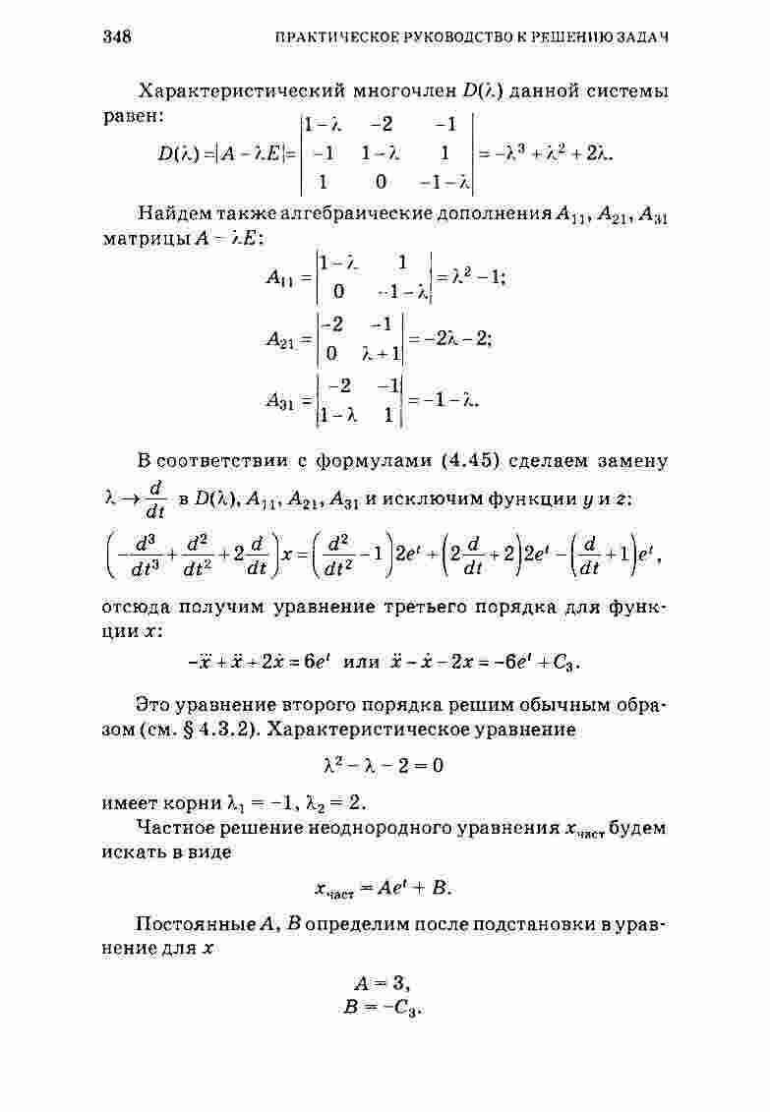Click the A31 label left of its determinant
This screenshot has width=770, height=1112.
point(283,400)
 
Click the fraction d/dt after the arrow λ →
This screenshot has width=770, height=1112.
point(154,498)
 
